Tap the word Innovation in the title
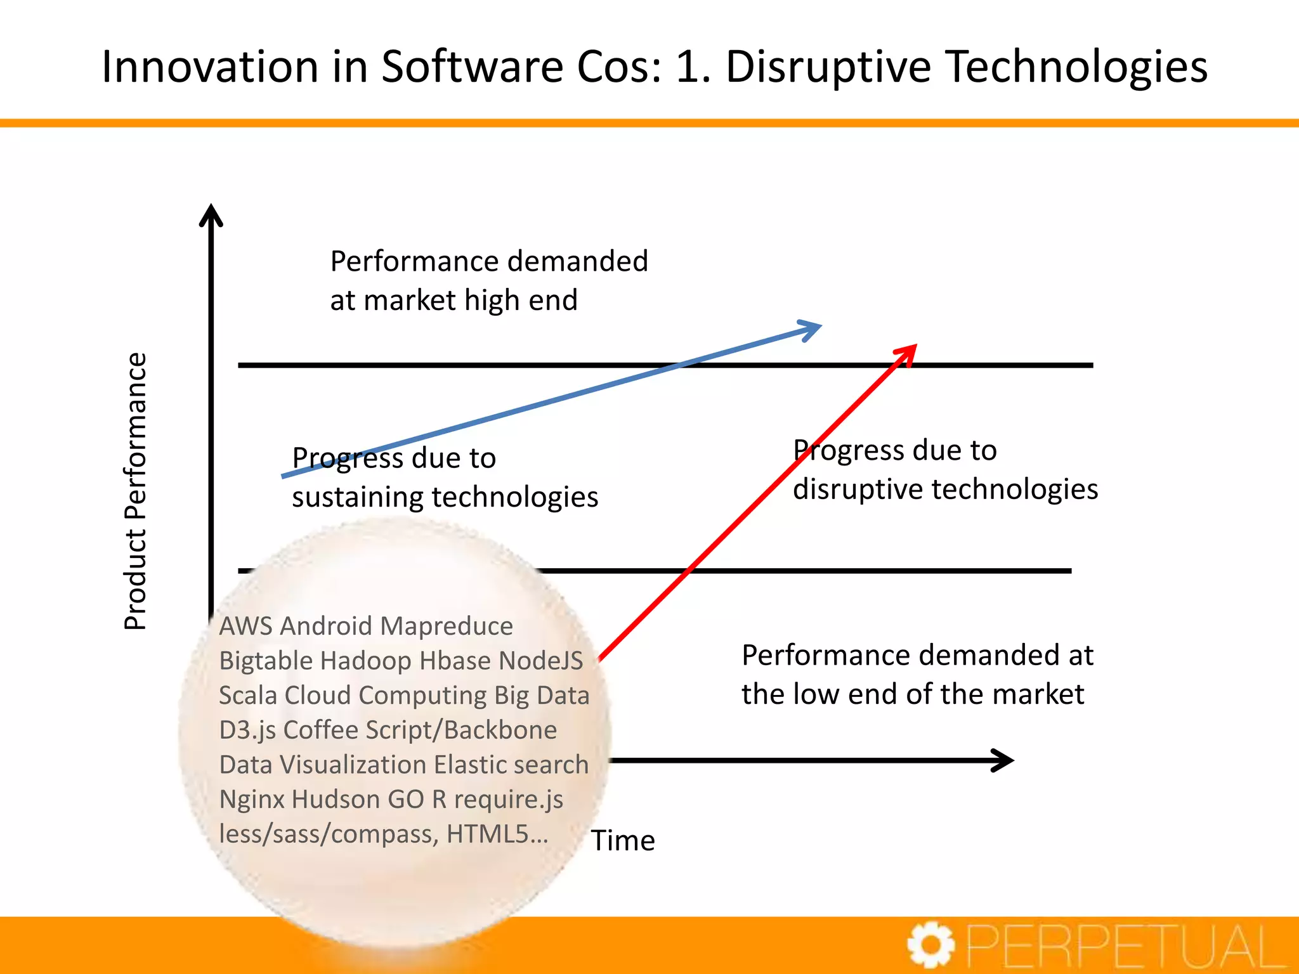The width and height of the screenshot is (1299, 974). (210, 67)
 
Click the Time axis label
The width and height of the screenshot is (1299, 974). (623, 840)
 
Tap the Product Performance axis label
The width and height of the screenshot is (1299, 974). (135, 491)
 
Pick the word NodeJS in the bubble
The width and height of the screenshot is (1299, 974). (540, 661)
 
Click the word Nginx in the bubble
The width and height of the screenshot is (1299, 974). (252, 800)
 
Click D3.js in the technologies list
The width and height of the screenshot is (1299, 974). (247, 730)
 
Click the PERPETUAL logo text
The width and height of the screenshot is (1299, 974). (1126, 947)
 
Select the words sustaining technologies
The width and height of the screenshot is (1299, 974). (445, 497)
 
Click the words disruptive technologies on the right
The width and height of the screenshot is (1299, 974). (945, 489)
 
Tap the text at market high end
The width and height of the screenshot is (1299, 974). (454, 300)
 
